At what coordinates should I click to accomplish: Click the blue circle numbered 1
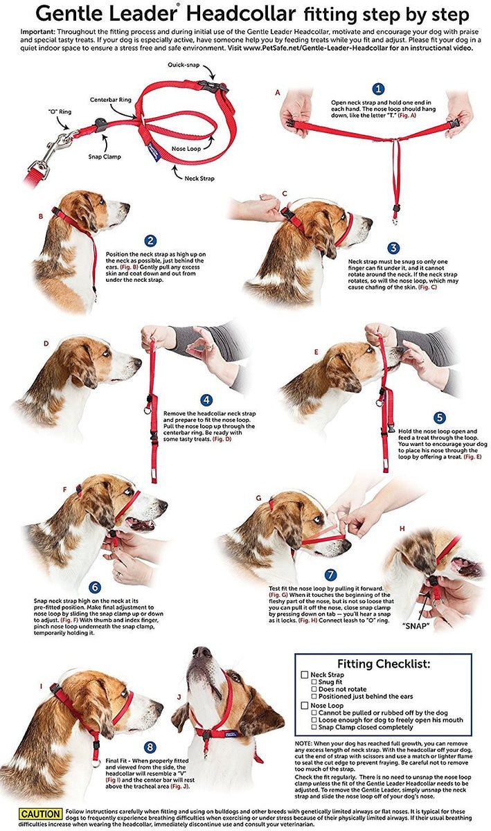(378, 89)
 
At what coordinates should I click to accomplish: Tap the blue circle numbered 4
(206, 400)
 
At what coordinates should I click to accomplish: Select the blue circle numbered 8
(150, 747)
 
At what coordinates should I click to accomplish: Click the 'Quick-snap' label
(184, 65)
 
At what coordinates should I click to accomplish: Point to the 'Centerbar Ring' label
(111, 100)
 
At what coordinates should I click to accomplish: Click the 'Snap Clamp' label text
(105, 157)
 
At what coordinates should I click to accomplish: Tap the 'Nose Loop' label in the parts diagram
(186, 148)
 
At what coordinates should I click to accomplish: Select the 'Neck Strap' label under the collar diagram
(199, 178)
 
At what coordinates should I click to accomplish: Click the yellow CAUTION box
(40, 814)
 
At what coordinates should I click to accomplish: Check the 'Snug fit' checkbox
(314, 682)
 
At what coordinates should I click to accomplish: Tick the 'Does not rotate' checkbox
(314, 689)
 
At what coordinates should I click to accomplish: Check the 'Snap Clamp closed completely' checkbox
(314, 727)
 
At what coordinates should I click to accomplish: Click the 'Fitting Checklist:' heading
(384, 663)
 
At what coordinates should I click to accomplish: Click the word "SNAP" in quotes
(416, 626)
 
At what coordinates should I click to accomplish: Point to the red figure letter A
(277, 92)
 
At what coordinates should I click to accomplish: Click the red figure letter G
(259, 498)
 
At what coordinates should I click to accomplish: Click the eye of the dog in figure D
(106, 353)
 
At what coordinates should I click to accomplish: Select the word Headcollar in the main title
(240, 14)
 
